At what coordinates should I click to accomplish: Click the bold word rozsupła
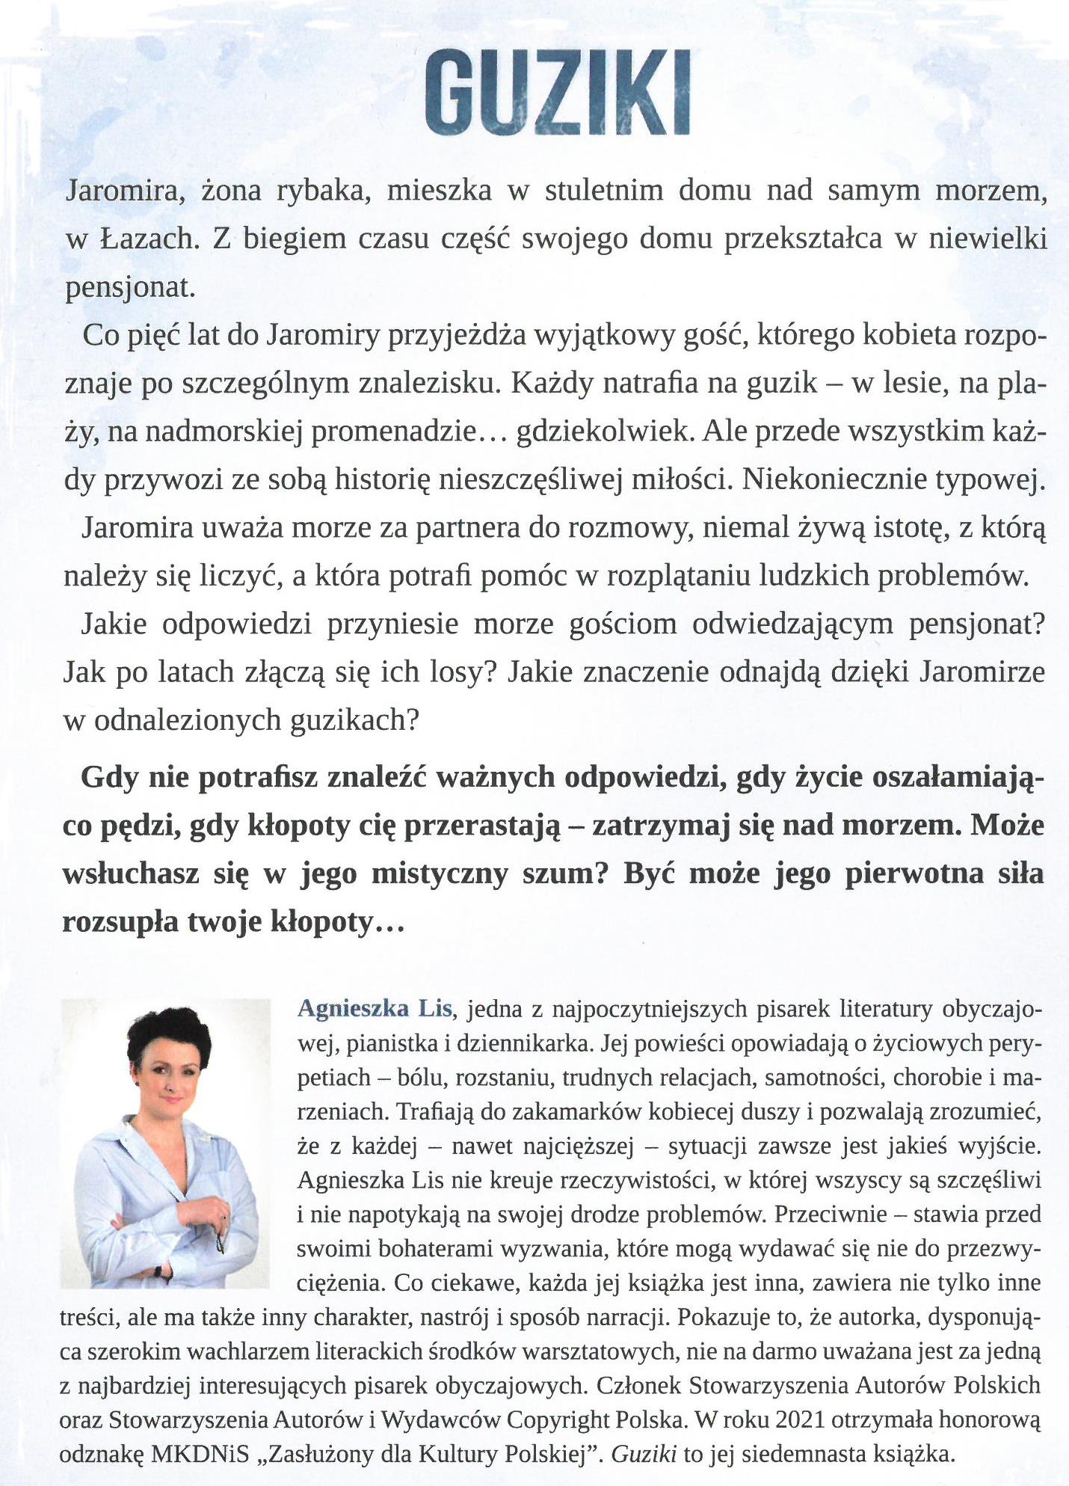(120, 922)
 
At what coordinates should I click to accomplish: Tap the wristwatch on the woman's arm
(158, 1271)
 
